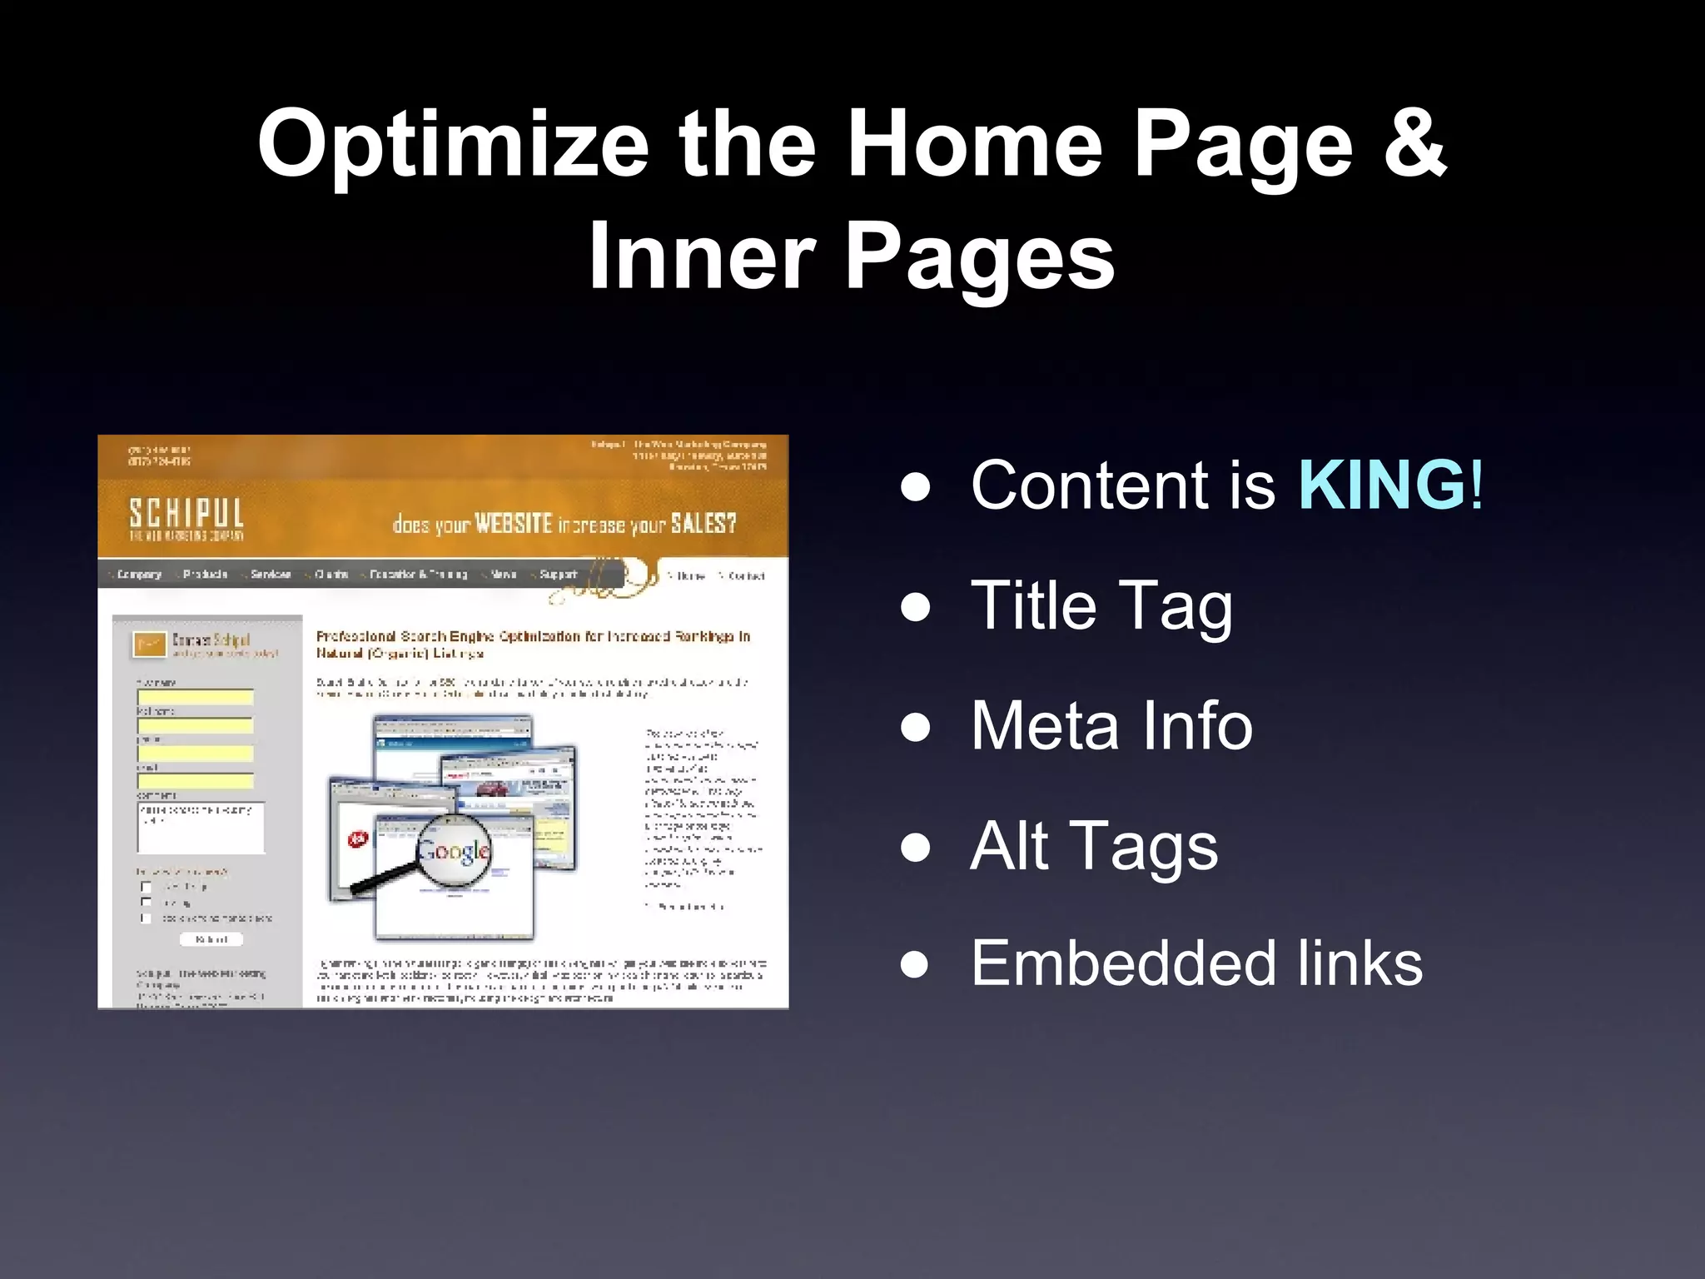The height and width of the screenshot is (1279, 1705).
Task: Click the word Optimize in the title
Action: pyautogui.click(x=453, y=146)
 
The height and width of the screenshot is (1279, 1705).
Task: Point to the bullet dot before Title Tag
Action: pyautogui.click(x=915, y=606)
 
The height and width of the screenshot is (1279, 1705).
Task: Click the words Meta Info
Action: pyautogui.click(x=1111, y=726)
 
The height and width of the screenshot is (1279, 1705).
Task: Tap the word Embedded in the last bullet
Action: pyautogui.click(x=1114, y=963)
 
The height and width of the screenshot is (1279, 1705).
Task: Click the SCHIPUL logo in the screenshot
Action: pyautogui.click(x=186, y=518)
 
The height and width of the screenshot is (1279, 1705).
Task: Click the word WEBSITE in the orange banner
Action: pyautogui.click(x=513, y=525)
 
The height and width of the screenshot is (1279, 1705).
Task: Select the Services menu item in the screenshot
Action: pyautogui.click(x=270, y=575)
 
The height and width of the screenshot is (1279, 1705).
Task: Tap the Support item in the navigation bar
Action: pyautogui.click(x=557, y=575)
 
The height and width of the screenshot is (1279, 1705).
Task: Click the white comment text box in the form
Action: pyautogui.click(x=201, y=829)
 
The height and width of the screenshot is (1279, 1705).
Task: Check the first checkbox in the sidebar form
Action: pyautogui.click(x=147, y=887)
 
